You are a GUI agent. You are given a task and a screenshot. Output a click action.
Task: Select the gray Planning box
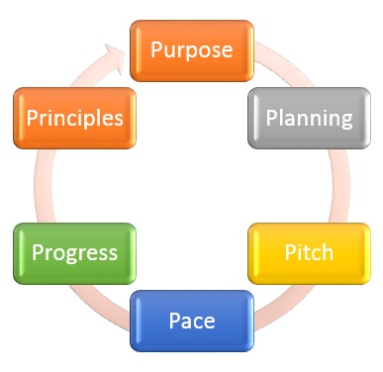(308, 118)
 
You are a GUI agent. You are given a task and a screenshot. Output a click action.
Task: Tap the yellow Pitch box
(308, 253)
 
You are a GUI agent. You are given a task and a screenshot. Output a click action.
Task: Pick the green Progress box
(73, 252)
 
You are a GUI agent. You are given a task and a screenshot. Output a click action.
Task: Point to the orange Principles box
(74, 118)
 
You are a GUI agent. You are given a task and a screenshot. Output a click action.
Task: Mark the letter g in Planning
(346, 121)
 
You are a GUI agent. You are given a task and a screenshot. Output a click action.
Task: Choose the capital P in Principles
(32, 118)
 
